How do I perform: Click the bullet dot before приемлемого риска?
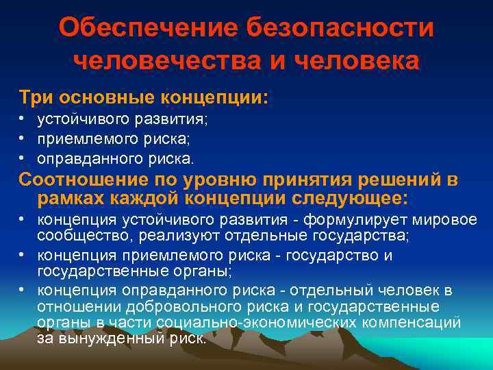[x=23, y=138]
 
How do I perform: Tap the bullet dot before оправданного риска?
[x=23, y=158]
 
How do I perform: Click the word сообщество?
[x=73, y=236]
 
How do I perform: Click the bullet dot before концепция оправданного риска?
[x=23, y=290]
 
